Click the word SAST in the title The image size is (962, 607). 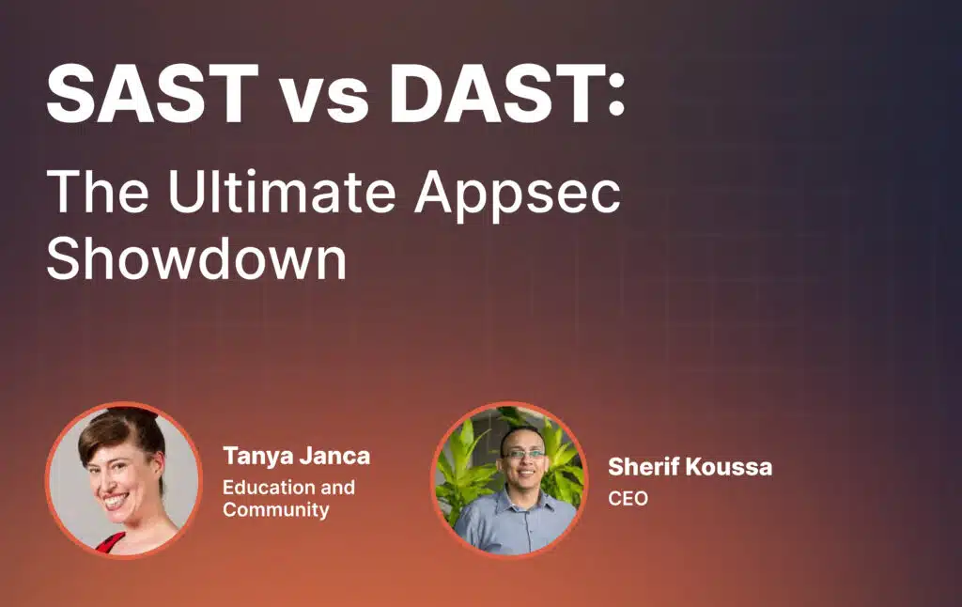point(152,93)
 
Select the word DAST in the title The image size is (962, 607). point(496,93)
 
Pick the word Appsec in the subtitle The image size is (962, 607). point(518,196)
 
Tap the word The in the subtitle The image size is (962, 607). point(98,191)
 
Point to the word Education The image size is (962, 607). point(269,488)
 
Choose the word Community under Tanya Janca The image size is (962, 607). point(276,510)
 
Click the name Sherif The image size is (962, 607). point(644,467)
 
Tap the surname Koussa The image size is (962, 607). point(729,467)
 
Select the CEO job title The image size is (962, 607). point(628,498)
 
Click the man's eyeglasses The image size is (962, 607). point(523,455)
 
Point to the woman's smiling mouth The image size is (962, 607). point(116,501)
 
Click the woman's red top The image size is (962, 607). point(111,544)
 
